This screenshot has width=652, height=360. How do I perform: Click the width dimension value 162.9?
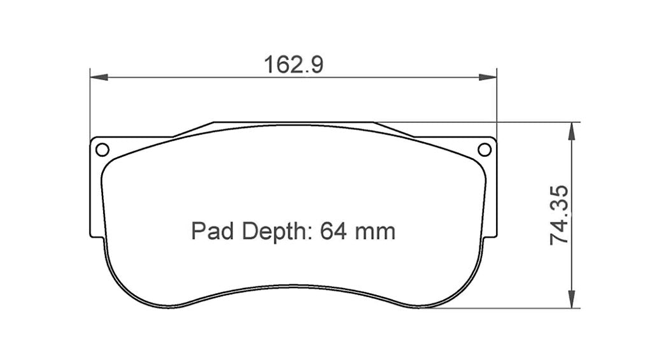click(294, 64)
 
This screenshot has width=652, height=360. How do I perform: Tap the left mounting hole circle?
click(102, 150)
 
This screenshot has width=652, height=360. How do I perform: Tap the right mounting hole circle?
click(485, 150)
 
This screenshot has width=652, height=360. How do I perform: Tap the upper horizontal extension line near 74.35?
click(509, 121)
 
